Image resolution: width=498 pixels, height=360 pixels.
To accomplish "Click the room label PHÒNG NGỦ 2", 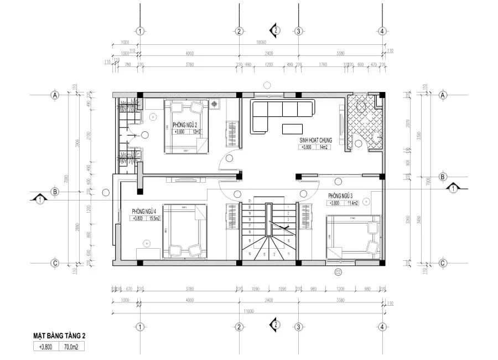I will point(184,125).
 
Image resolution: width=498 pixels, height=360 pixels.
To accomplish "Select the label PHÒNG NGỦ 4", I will point(143,212).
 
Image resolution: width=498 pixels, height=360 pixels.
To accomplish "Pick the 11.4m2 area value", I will point(350,203).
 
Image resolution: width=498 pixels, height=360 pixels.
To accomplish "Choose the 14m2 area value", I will point(323,147).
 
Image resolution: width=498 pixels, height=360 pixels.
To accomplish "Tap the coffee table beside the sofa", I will point(292,129).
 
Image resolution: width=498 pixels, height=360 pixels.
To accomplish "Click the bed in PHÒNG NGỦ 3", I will point(353,237).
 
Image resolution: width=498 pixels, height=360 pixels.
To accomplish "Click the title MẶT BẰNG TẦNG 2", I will point(59,336).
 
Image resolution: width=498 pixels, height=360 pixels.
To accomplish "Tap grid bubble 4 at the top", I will point(381,31).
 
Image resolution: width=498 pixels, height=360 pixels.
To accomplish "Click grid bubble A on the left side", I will point(55,95).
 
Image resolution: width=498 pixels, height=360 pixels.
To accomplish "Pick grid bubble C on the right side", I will point(442,263).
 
